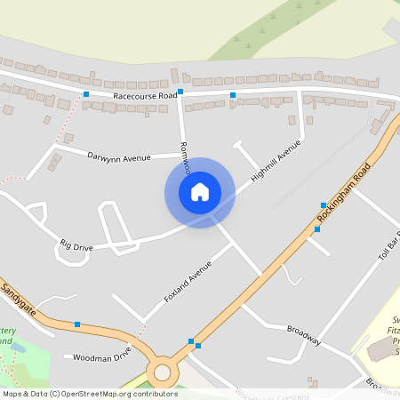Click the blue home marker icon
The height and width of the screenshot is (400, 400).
pyautogui.click(x=199, y=191)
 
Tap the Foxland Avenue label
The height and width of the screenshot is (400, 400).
pyautogui.click(x=188, y=281)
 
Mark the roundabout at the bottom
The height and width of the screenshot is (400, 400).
pyautogui.click(x=163, y=372)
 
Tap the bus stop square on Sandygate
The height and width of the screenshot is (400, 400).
pyautogui.click(x=77, y=324)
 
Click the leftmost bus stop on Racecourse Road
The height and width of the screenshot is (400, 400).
pyautogui.click(x=86, y=94)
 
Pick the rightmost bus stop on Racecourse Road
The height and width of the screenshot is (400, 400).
pyautogui.click(x=233, y=94)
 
